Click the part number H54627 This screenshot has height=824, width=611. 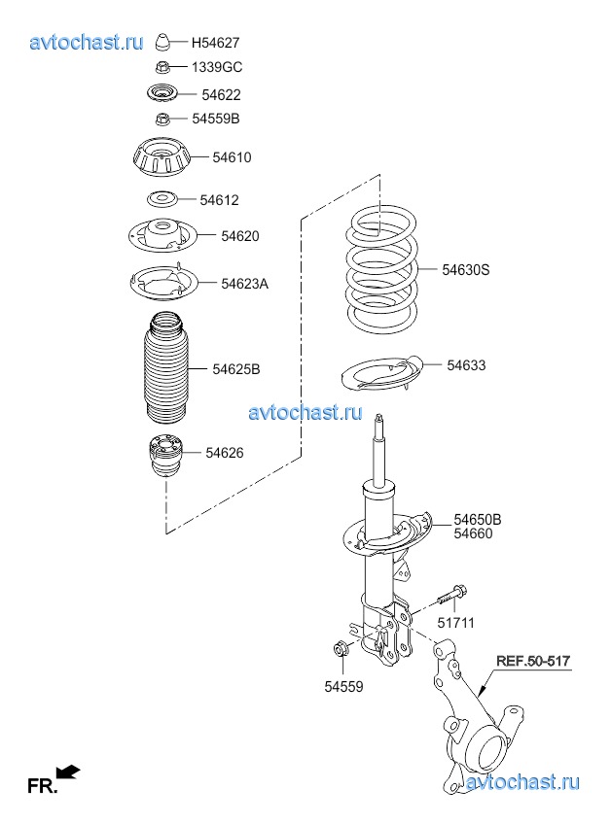pos(215,43)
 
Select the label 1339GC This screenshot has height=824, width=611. pos(217,67)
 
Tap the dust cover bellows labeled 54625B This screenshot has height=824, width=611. pos(165,369)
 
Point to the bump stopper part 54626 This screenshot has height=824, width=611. pos(165,455)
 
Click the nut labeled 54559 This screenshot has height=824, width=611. pos(341,649)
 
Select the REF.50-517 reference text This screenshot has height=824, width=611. pos(533,661)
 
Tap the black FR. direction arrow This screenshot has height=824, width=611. pos(68,771)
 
